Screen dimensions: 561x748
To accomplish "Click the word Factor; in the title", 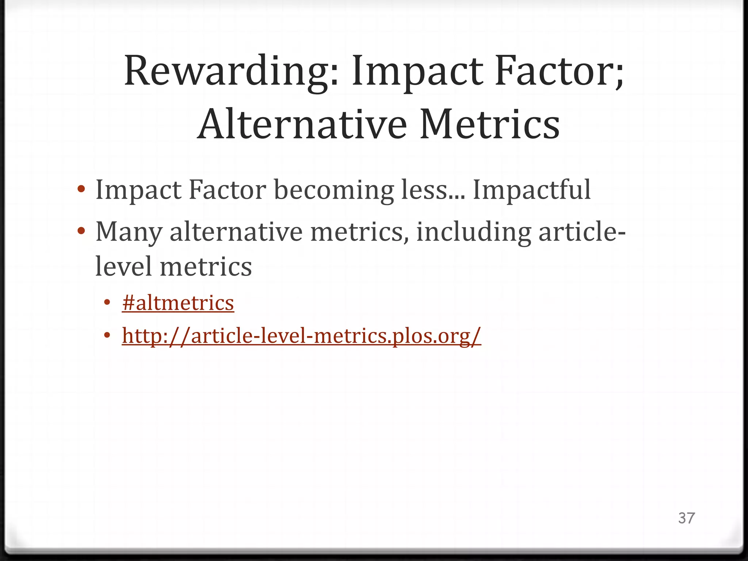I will (559, 71).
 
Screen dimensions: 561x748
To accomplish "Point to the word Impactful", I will (532, 190).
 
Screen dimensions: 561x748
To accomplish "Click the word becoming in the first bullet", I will (334, 190).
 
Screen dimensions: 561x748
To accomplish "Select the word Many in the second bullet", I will (129, 232).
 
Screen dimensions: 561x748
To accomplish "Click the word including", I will (473, 232).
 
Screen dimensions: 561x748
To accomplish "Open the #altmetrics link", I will (178, 303).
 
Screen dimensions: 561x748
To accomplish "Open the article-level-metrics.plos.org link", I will (301, 336).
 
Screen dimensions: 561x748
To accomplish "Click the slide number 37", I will (686, 518).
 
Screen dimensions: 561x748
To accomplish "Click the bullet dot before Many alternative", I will (81, 232).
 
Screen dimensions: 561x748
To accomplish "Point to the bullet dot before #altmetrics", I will (107, 303).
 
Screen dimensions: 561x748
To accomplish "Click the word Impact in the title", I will (416, 71).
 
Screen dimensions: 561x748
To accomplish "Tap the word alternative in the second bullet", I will (236, 232).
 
